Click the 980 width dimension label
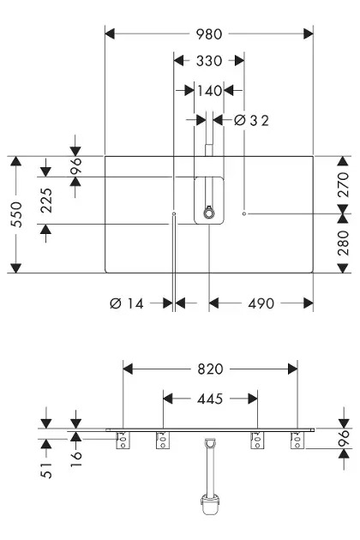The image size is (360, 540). coord(209,34)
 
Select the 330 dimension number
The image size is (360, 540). coord(209,61)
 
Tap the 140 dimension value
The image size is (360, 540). coord(209,91)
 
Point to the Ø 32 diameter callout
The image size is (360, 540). coord(251,121)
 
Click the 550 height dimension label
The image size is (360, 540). coord(16,214)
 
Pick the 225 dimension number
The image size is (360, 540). coord(46,201)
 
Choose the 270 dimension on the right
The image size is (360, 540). coord(343,184)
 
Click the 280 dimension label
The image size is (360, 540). coord(343,243)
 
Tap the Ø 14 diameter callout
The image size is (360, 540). coord(127,303)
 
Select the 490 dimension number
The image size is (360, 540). coord(261,303)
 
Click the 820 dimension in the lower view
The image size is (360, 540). coord(210,369)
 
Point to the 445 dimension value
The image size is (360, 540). coord(210,399)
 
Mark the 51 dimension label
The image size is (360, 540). coord(46,470)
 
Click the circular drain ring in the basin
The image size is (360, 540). coord(208,213)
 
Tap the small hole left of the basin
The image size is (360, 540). coord(174,214)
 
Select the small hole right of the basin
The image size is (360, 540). coord(244,214)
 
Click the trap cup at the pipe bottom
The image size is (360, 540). coord(209,505)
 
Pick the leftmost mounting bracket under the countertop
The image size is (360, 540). coord(123,440)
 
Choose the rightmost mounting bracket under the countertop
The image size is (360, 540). coord(297,440)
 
